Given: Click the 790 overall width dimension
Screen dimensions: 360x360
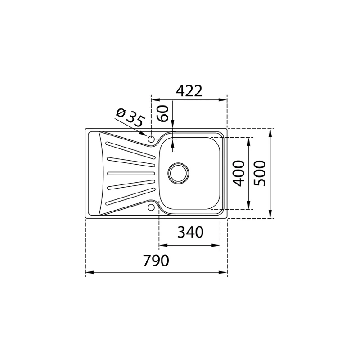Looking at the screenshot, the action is coord(156,261).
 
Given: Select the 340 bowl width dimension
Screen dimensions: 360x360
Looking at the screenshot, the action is coord(190,232).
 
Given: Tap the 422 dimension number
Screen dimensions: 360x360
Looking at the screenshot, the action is coord(189,91).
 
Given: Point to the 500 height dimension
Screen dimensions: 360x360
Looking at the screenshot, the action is coord(260,173).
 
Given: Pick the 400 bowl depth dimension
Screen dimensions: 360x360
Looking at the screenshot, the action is coord(239,173).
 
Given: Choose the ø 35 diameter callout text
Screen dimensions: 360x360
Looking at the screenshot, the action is coord(130,118).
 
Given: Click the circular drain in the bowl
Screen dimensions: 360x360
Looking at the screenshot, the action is coord(178,173).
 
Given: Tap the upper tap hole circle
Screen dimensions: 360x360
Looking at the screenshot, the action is coord(151,139).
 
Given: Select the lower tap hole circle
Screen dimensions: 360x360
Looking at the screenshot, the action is coord(151,207).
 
